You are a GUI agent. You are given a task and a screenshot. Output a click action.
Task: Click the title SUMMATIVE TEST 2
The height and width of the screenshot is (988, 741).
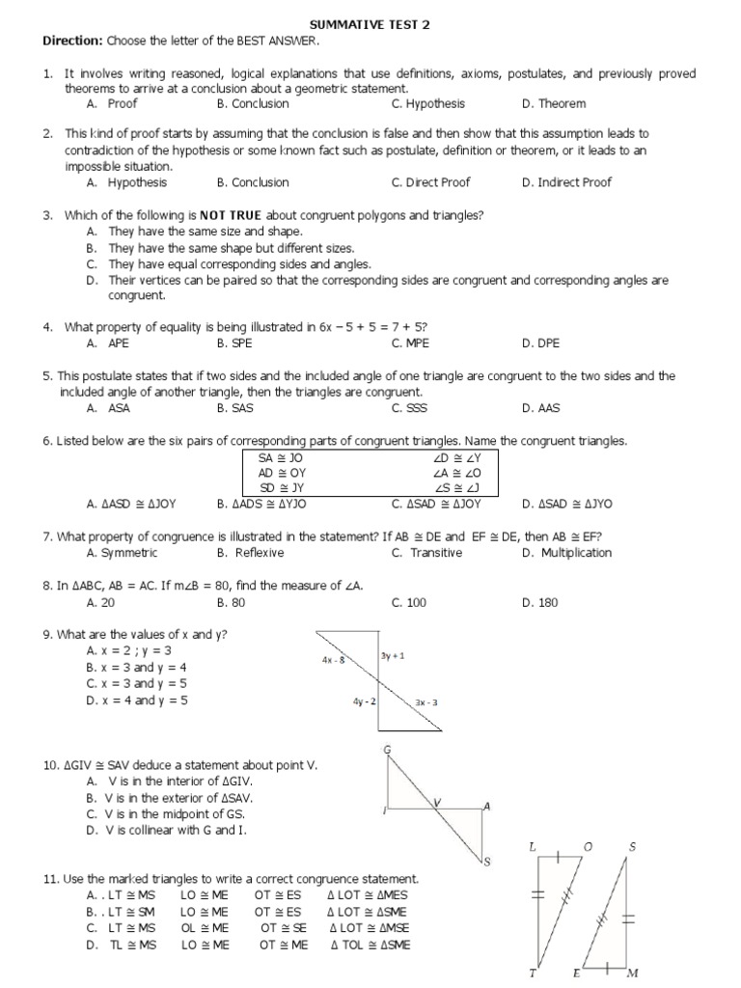pos(370,25)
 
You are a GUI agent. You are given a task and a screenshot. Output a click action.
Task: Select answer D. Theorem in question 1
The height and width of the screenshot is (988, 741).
pos(553,103)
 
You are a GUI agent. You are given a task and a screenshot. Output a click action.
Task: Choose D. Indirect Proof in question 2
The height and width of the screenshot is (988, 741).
pos(566,182)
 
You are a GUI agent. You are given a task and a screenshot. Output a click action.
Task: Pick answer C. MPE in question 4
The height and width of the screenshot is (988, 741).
pos(410,343)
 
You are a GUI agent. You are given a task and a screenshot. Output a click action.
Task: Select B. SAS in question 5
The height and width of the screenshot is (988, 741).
pos(234,408)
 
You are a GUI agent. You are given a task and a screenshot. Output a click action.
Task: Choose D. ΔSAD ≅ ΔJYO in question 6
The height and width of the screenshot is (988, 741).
pos(566,504)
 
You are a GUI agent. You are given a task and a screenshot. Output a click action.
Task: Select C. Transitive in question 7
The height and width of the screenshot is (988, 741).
pos(424,553)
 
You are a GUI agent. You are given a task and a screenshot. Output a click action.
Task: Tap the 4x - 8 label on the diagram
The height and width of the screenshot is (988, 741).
pos(334,661)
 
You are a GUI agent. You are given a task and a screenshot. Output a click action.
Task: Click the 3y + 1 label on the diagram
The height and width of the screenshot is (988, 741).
pos(393,655)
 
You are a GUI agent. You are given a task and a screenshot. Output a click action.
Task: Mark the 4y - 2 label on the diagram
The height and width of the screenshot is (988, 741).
pos(364,701)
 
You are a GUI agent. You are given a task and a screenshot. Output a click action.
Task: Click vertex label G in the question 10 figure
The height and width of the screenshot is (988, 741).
pos(387,749)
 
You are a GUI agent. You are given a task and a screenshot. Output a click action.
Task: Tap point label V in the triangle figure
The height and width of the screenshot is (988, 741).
pos(436,801)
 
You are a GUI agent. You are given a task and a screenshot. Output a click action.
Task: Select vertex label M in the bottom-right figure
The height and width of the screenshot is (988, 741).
pos(633,973)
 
